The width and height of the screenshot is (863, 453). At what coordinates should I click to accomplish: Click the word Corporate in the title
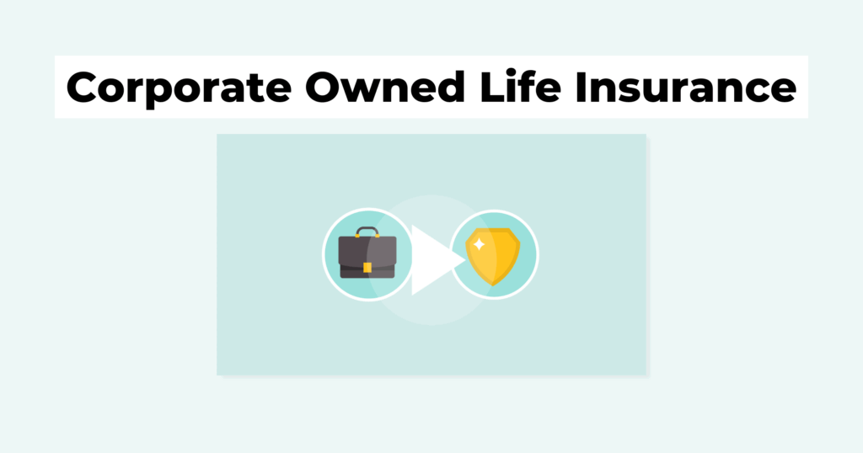[x=179, y=88]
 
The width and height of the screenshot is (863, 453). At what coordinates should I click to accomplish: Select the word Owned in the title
[x=385, y=87]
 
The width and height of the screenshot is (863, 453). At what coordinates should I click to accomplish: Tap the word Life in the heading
[x=521, y=87]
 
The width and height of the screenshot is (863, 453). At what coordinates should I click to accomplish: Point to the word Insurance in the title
[x=686, y=87]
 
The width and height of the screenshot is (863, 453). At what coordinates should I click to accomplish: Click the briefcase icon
[x=367, y=253]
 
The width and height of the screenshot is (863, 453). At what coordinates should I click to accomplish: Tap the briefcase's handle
[x=367, y=232]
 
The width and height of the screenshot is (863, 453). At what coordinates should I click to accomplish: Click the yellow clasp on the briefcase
[x=367, y=268]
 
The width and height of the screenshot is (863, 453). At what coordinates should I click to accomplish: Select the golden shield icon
[x=492, y=256]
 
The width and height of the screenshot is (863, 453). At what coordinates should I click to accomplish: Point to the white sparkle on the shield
[x=479, y=244]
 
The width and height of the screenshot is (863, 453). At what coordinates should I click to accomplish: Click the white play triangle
[x=435, y=260]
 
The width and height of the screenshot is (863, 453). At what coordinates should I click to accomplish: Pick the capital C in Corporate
[x=84, y=88]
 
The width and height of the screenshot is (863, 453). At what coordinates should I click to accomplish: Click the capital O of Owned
[x=324, y=88]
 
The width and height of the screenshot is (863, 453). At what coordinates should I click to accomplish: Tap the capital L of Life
[x=493, y=88]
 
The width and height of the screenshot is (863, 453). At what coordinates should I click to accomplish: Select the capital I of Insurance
[x=581, y=88]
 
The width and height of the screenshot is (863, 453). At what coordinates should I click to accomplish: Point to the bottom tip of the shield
[x=492, y=286]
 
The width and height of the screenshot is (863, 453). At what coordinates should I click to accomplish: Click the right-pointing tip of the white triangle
[x=465, y=260]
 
